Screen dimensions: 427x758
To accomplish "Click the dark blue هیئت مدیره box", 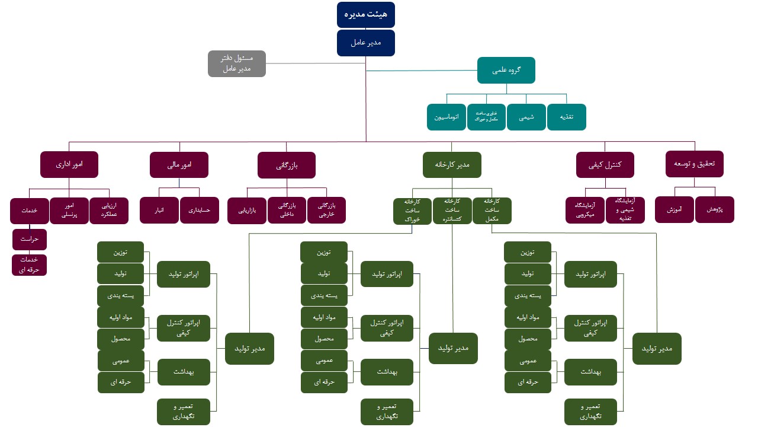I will pos(365,15).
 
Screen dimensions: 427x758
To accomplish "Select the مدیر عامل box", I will pos(365,43).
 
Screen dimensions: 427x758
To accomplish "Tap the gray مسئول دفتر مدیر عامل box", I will pos(237,63).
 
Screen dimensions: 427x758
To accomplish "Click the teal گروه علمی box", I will pos(506,70).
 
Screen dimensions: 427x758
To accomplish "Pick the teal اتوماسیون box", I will pos(446,117).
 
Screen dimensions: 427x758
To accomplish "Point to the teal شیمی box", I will pos(526,117).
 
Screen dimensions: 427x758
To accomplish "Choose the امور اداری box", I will pos(69,164).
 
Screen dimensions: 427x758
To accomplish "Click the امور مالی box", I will pos(179,164).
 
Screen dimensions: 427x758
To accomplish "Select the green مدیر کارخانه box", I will pos(452,165).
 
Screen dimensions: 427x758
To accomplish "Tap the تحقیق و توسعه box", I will pos(695,164).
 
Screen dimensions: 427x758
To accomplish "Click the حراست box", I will pos(30,240).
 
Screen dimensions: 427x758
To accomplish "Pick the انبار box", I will pos(159,210).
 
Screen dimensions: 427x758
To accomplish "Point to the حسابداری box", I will pos(200,210).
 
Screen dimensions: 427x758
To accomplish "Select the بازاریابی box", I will pos(247,211).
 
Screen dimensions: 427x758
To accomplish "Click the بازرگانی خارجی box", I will pos(326,210).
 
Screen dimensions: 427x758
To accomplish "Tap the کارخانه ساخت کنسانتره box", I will pos(452,211).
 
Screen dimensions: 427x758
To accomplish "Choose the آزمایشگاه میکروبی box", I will pos(585,210).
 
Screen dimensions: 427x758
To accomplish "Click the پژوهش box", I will pos(715,209).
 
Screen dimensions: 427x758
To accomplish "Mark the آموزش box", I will pos(675,209).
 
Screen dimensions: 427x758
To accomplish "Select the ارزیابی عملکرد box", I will pos(109,210).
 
